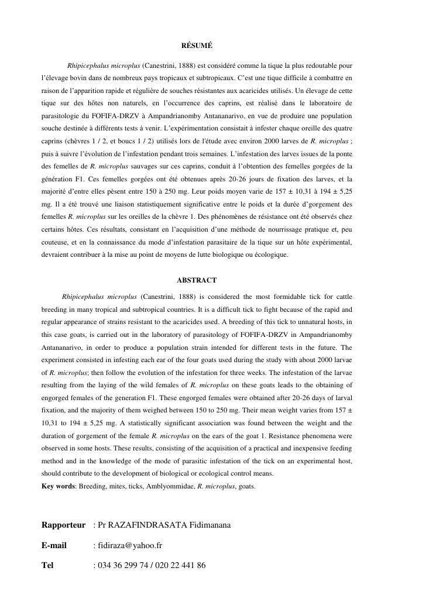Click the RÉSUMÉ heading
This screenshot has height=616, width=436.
pos(197,45)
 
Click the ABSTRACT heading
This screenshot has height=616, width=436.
pos(197,280)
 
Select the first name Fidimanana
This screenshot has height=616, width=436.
pos(210,525)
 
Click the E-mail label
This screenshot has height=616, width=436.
pos(54,545)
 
